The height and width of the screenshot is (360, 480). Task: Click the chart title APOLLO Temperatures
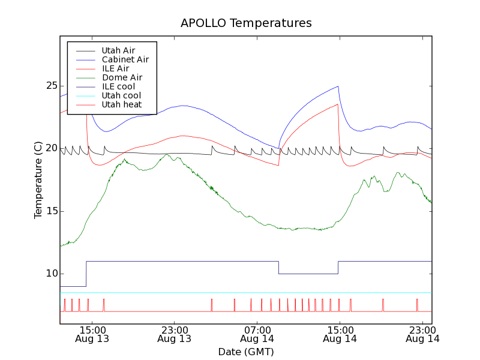(x=246, y=23)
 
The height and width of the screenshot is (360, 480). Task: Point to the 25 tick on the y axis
(x=51, y=86)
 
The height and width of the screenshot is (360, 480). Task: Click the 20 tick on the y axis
(x=51, y=148)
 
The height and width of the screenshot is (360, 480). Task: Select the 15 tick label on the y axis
(x=51, y=211)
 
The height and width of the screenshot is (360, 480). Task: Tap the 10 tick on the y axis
(x=51, y=274)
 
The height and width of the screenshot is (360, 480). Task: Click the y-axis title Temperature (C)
(x=38, y=180)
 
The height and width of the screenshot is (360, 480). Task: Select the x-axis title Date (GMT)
(x=246, y=352)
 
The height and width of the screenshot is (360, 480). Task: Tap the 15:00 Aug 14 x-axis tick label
(x=340, y=334)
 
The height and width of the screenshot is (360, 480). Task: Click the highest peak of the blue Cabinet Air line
(x=338, y=86)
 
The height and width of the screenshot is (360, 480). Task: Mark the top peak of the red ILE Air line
(x=338, y=104)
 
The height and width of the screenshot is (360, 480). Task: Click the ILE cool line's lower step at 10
(x=308, y=274)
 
